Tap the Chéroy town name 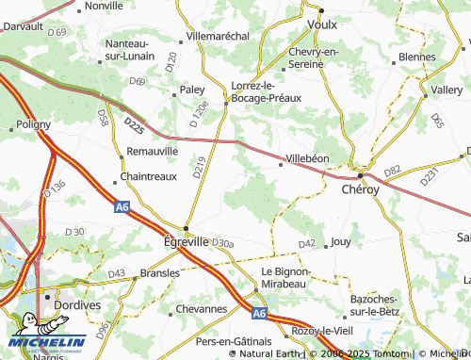tap(361, 188)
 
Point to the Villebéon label tap(307, 158)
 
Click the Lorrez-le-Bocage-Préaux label tap(266, 90)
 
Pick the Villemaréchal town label tap(218, 36)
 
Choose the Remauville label tap(152, 151)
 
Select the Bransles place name tap(159, 272)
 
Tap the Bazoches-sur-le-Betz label tap(367, 303)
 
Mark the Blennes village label tap(416, 57)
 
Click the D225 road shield tap(135, 122)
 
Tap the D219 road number tap(198, 168)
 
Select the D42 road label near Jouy tap(306, 244)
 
